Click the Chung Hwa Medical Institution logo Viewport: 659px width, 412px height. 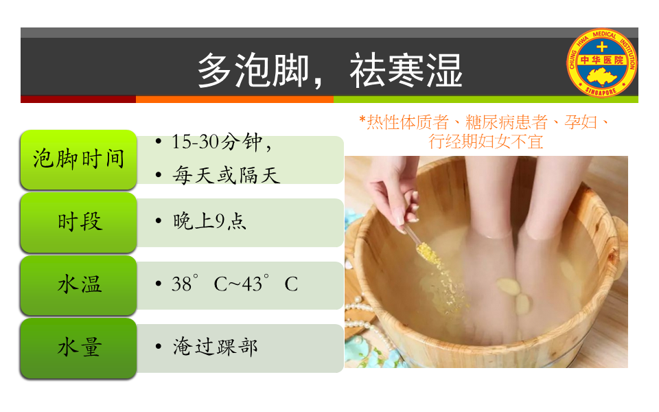click(602, 62)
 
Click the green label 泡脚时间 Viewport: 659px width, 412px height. click(78, 160)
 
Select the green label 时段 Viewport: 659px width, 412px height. click(78, 222)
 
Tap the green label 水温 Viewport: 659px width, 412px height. click(78, 285)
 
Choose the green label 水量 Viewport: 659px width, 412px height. click(78, 348)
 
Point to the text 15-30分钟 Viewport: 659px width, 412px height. click(217, 142)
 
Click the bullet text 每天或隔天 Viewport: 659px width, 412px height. click(226, 175)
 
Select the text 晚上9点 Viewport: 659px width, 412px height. click(209, 221)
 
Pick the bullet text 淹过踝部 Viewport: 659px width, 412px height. click(215, 347)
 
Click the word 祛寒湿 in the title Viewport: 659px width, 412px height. click(406, 71)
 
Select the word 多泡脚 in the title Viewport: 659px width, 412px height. click(253, 71)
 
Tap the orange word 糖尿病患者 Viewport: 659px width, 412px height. click(507, 122)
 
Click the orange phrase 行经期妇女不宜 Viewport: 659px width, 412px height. click(486, 141)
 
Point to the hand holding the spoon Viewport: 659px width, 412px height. click(393, 192)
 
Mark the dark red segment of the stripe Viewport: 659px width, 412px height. click(78, 99)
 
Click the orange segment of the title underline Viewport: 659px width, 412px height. click(235, 99)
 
